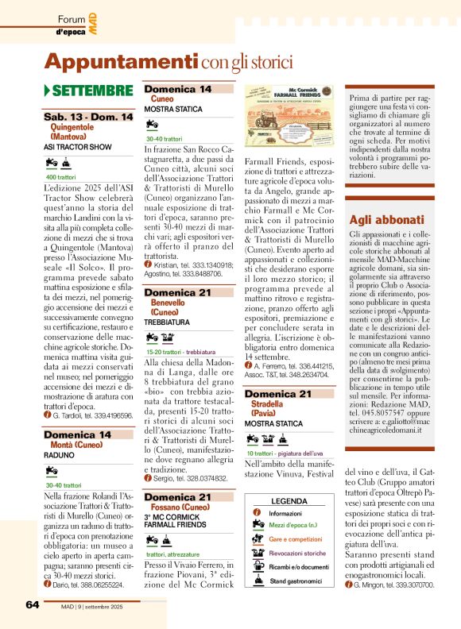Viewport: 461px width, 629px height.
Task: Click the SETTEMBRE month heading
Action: tap(92, 91)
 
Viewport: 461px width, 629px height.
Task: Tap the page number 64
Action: tap(32, 604)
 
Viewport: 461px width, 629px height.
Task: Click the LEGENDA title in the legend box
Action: tap(289, 501)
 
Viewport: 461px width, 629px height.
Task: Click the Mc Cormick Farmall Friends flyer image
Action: tap(290, 121)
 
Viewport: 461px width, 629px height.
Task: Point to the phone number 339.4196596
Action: tap(105, 415)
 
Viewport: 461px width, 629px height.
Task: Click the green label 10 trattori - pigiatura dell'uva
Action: tap(289, 453)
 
